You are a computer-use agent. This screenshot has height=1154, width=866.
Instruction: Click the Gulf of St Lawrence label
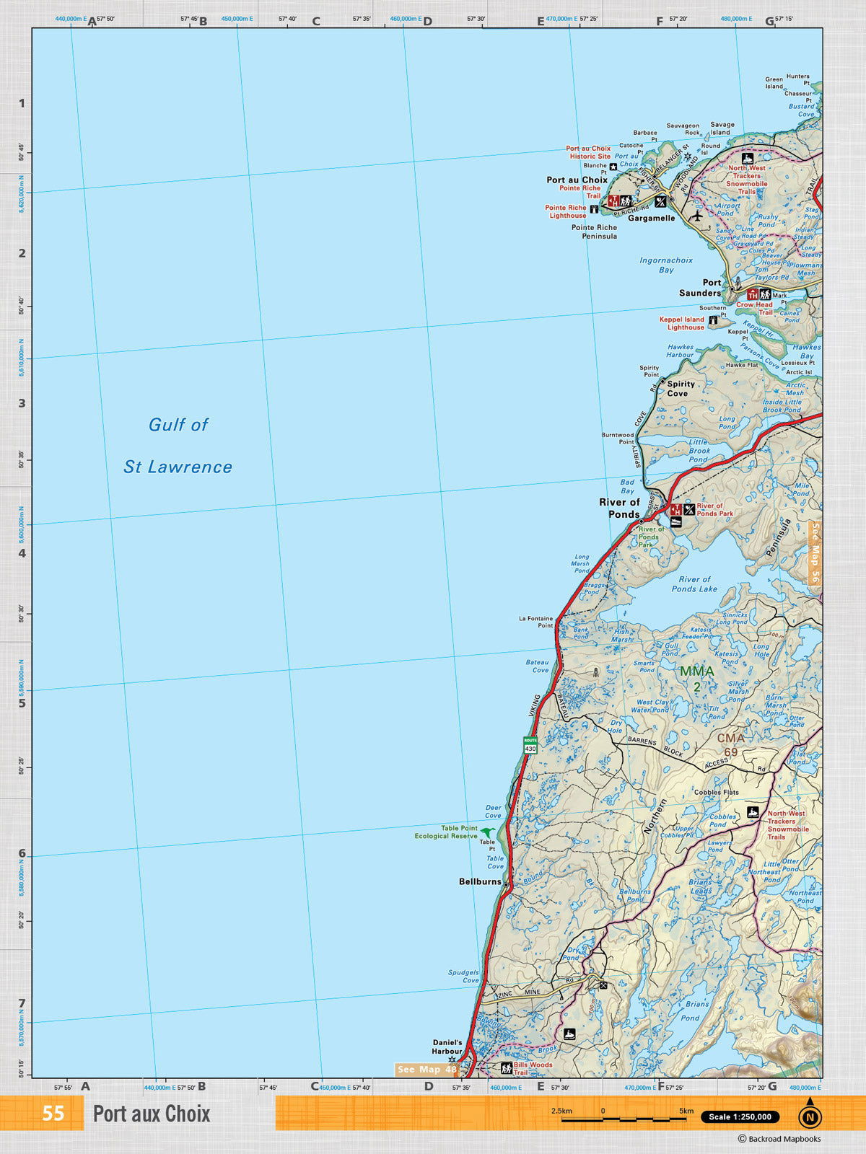(178, 445)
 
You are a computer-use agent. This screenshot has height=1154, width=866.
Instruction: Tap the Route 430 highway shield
(530, 745)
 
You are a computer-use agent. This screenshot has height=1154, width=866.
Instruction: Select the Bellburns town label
(480, 881)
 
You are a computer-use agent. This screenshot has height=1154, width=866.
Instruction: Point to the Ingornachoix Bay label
(665, 265)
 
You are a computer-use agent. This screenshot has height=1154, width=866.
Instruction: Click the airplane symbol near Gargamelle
(696, 215)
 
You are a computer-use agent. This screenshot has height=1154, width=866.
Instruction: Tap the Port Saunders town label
(700, 288)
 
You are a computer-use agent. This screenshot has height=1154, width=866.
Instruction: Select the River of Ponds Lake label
(694, 583)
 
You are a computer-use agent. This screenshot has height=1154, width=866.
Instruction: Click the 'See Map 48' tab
(427, 1069)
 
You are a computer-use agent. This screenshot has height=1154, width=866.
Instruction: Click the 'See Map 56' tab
(815, 552)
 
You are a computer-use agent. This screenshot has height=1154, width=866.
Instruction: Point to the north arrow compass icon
(810, 1116)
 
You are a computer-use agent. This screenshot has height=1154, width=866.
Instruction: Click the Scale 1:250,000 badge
(740, 1116)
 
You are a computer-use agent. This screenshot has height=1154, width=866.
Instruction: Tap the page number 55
(53, 1113)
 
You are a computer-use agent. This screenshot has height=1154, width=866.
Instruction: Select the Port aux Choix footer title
(152, 1114)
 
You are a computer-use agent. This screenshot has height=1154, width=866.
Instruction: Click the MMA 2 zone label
(696, 678)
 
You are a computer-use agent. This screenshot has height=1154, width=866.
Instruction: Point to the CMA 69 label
(730, 744)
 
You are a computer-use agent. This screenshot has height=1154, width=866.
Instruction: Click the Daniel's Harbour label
(447, 1047)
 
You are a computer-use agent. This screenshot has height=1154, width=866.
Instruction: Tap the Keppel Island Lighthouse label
(682, 323)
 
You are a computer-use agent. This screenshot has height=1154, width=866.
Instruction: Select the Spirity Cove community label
(681, 389)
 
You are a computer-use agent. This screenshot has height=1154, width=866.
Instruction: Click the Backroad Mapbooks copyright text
(779, 1139)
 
